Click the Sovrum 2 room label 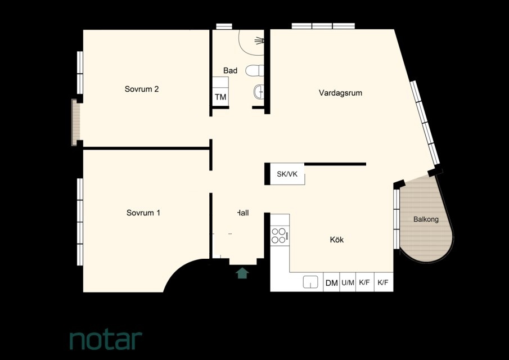(x=142, y=89)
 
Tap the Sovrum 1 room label (x=143, y=213)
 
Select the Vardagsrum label (x=340, y=93)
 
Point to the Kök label (x=337, y=240)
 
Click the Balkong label (x=426, y=219)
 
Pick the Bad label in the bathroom (x=230, y=70)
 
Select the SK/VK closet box (x=287, y=174)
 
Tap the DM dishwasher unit (x=331, y=282)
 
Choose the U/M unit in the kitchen (x=348, y=282)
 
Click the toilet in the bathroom (x=254, y=70)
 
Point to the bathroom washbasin (x=259, y=92)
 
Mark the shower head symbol (x=259, y=40)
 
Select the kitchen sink (x=310, y=282)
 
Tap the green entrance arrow (x=242, y=273)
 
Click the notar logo (x=106, y=340)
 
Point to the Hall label (x=243, y=213)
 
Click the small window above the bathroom (x=224, y=26)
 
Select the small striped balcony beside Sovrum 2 (x=75, y=122)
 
